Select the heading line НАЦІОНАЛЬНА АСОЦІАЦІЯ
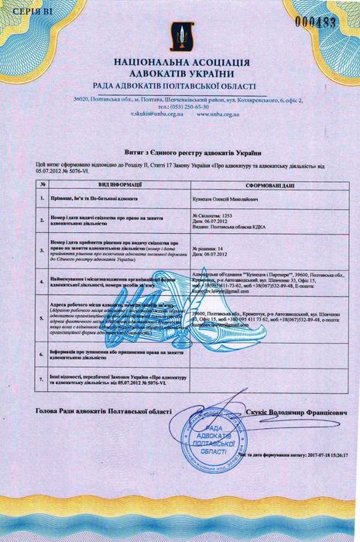[x=180, y=60]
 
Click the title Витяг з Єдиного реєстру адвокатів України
[x=180, y=154]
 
